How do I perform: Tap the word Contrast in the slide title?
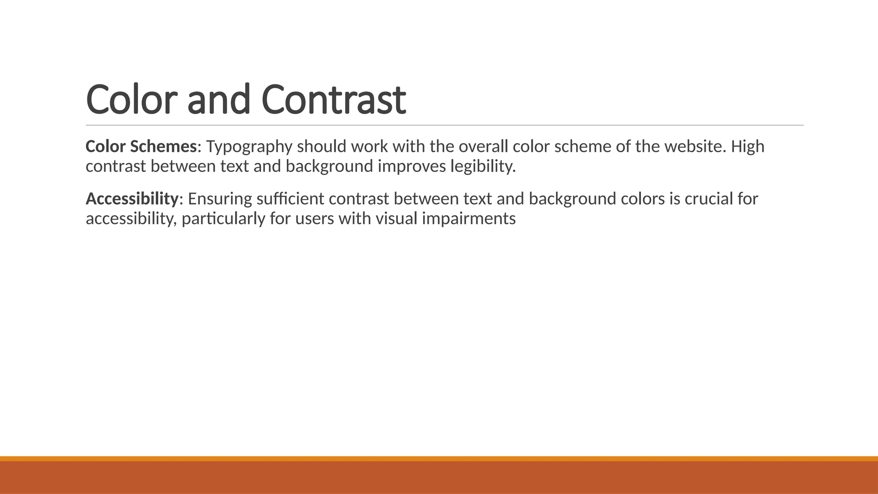(333, 99)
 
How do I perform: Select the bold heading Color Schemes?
(141, 147)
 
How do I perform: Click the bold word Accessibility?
(132, 199)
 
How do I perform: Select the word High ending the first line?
(748, 147)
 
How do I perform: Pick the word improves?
(411, 166)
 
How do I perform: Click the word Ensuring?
(220, 199)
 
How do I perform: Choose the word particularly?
(223, 219)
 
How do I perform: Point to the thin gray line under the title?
(445, 126)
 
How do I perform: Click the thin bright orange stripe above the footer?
(439, 458)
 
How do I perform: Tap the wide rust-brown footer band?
(439, 478)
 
